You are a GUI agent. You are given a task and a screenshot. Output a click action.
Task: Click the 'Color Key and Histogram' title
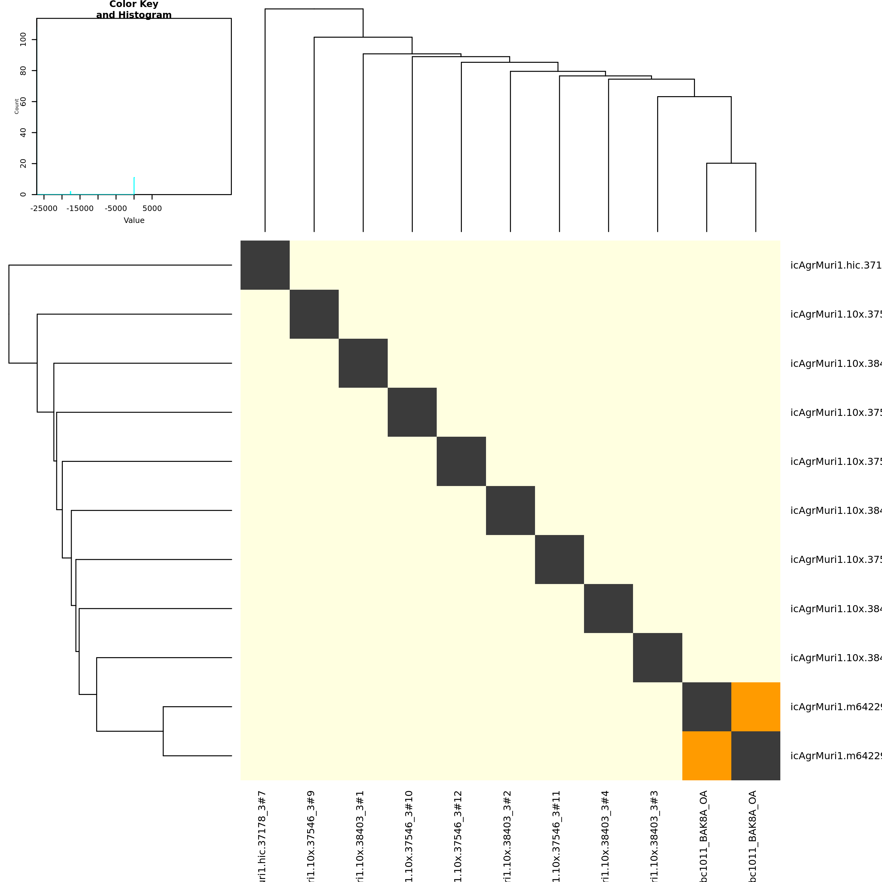point(134,9)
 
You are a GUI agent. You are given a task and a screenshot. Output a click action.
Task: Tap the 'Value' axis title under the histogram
point(134,221)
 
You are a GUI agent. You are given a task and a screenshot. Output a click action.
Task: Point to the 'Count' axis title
point(17,106)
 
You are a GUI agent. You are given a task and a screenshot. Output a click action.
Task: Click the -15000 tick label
point(80,209)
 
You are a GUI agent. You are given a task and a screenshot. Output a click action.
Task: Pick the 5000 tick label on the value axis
point(152,209)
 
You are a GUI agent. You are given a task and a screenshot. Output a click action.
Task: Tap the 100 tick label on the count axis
point(23,40)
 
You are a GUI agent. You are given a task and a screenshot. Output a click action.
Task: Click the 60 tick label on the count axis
point(23,101)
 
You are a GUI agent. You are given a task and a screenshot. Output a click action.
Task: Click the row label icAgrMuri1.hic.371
point(835,265)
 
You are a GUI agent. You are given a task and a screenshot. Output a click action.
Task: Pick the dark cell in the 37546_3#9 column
point(314,314)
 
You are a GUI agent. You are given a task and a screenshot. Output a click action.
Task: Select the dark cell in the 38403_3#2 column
point(511,511)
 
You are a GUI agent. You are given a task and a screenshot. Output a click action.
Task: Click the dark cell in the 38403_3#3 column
point(658,658)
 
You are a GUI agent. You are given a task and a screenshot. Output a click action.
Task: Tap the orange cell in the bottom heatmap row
point(707,756)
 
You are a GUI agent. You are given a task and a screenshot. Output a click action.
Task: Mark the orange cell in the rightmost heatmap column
point(756,707)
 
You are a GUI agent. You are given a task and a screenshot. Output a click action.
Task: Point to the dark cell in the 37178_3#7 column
point(265,265)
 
